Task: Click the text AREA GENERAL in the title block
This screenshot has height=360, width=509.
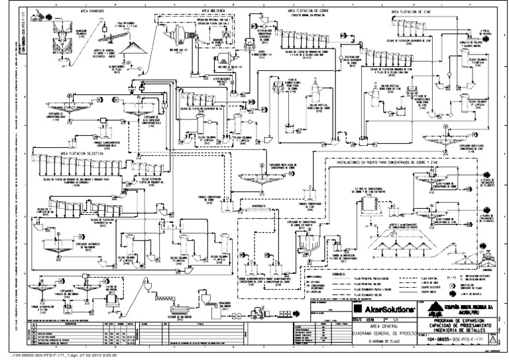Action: [x=382, y=327]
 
